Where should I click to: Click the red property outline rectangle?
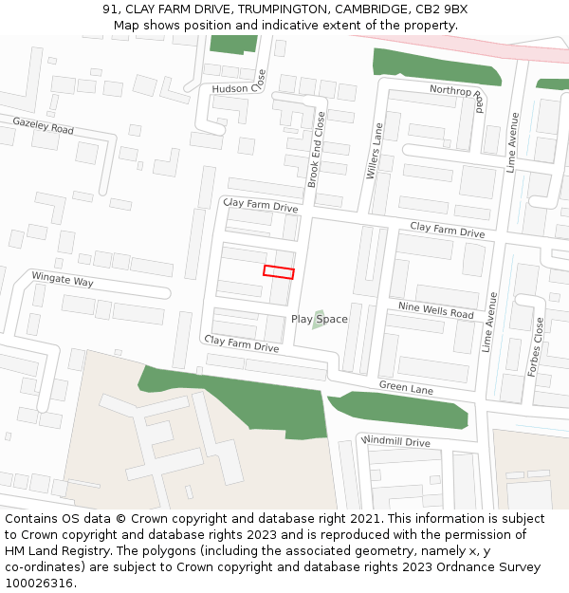(279, 272)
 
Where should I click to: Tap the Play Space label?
(319, 320)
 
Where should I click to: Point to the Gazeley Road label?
(43, 126)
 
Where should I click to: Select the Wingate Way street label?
(63, 281)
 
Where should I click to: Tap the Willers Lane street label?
(375, 150)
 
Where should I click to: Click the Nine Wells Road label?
(435, 310)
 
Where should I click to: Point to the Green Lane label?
(406, 387)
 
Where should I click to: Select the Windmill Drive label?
(395, 442)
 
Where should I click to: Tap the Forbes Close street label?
(539, 346)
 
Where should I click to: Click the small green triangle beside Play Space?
(318, 322)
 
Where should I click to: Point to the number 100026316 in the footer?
(38, 584)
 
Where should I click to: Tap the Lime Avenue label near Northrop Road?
(513, 142)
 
